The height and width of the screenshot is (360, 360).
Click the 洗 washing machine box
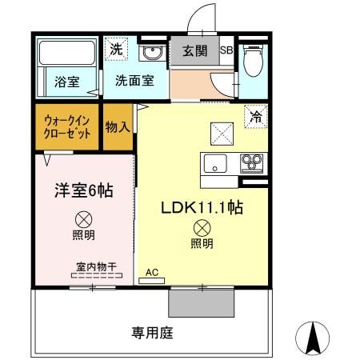[x=116, y=48]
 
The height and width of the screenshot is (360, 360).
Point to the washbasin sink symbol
[x=150, y=54]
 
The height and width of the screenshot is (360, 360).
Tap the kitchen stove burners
[x=253, y=163]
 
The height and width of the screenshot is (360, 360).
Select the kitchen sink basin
[x=216, y=164]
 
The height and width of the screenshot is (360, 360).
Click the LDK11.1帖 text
[x=202, y=207]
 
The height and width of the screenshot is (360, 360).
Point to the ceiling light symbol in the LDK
[x=202, y=228]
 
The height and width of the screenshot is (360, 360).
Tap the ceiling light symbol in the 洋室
[x=83, y=218]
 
